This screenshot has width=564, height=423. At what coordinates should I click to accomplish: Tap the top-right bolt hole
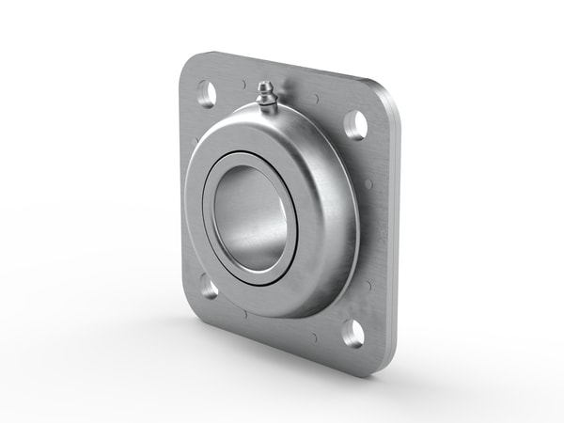coord(355,124)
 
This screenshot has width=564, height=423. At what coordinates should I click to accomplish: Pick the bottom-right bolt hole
coord(353,331)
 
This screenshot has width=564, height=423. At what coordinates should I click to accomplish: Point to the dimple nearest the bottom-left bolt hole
coord(243,311)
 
